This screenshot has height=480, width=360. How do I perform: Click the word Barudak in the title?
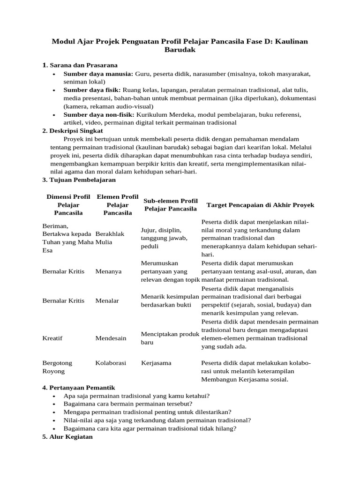180,50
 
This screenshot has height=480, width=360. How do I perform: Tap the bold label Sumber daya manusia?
98,74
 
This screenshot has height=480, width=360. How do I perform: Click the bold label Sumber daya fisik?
92,90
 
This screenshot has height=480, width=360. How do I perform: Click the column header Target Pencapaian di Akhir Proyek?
260,205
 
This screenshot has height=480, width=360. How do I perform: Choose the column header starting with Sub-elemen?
171,205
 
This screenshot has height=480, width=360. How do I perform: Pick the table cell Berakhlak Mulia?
110,238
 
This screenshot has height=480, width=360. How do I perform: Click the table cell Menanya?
108,271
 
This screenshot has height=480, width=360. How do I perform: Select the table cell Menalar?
107,300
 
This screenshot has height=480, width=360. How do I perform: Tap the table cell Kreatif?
52,338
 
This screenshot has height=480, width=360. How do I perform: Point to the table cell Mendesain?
111,338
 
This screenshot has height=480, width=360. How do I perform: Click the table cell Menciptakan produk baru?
170,338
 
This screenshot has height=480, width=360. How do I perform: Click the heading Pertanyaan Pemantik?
82,388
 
